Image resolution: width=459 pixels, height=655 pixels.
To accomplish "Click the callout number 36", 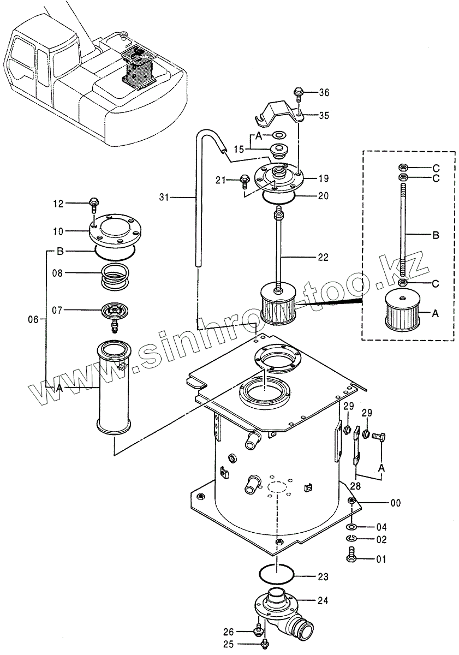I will pyautogui.click(x=324, y=93).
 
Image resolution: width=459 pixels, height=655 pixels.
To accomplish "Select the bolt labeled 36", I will pyautogui.click(x=297, y=93).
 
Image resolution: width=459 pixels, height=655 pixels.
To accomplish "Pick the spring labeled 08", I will pyautogui.click(x=115, y=273).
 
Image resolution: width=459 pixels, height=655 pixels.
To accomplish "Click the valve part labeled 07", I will pyautogui.click(x=115, y=312).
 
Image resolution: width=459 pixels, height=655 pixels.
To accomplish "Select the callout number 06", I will pyautogui.click(x=33, y=319).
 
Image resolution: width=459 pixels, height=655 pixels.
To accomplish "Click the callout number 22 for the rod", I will pyautogui.click(x=323, y=257).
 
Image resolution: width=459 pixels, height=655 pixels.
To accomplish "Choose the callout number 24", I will pyautogui.click(x=323, y=600).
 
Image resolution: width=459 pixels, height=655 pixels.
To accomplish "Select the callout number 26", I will pyautogui.click(x=229, y=632).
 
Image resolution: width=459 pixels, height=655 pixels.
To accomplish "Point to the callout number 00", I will pyautogui.click(x=396, y=503).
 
